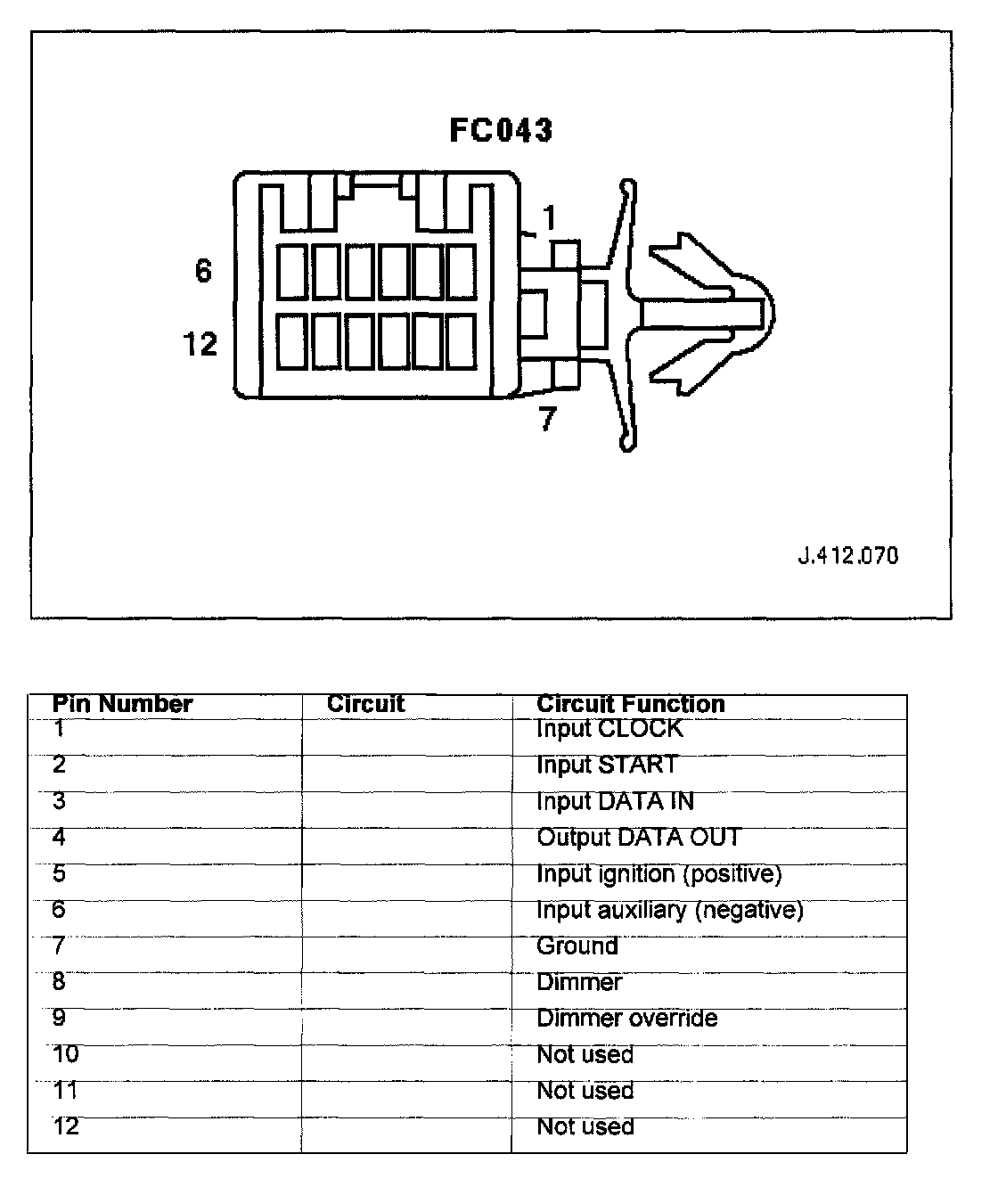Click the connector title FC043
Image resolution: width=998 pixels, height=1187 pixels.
[x=501, y=130]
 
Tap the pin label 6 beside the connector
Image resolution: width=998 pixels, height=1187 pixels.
[x=203, y=270]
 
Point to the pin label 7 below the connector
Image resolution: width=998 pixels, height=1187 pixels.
[x=548, y=419]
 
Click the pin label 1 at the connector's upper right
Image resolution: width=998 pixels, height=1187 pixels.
[x=549, y=218]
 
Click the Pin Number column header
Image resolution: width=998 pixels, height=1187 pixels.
[x=122, y=704]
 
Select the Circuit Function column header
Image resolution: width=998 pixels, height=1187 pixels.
[x=630, y=704]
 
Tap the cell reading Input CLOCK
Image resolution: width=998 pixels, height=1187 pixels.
[x=609, y=729]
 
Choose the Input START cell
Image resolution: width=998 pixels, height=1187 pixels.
[x=607, y=765]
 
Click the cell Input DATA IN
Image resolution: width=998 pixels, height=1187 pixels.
[x=615, y=801]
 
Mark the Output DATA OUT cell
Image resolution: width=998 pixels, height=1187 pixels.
[x=638, y=838]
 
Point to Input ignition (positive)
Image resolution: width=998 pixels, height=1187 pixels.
[x=659, y=874]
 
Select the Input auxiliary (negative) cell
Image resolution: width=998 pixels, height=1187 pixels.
[x=669, y=910]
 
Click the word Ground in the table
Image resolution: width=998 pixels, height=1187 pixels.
[x=577, y=946]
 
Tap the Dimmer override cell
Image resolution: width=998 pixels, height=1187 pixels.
[x=626, y=1019]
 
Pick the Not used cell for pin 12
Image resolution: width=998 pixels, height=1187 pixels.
[x=585, y=1126]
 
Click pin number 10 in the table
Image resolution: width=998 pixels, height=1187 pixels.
[x=66, y=1054]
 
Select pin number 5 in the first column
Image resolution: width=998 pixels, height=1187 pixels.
[x=59, y=873]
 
